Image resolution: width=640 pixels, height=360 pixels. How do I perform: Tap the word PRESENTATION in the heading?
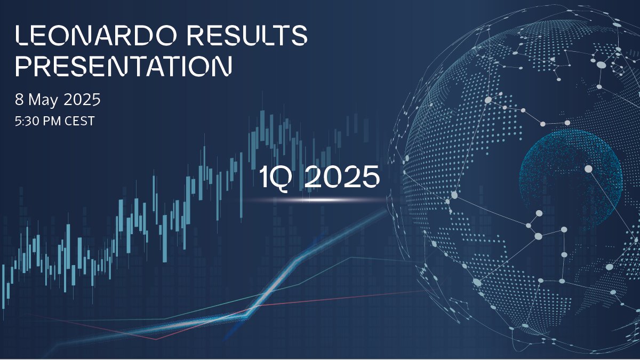tap(124, 66)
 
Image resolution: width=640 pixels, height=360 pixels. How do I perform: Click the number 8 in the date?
tap(20, 99)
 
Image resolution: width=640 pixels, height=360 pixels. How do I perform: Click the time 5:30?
tap(27, 121)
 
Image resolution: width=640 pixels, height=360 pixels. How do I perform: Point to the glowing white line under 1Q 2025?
tap(315, 200)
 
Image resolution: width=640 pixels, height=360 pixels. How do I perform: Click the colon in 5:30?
tap(23, 122)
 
